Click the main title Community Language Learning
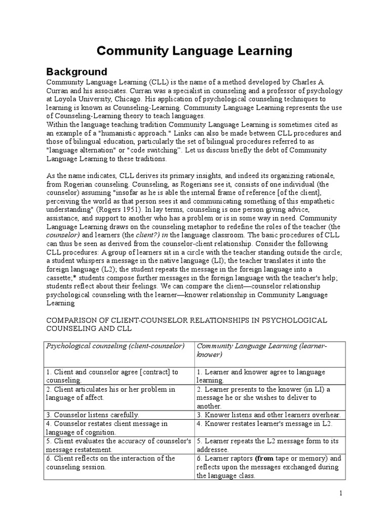pyautogui.click(x=194, y=51)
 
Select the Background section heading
pyautogui.click(x=76, y=71)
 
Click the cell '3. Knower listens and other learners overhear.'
pyautogui.click(x=268, y=414)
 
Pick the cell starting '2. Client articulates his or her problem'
pyautogui.click(x=111, y=393)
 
